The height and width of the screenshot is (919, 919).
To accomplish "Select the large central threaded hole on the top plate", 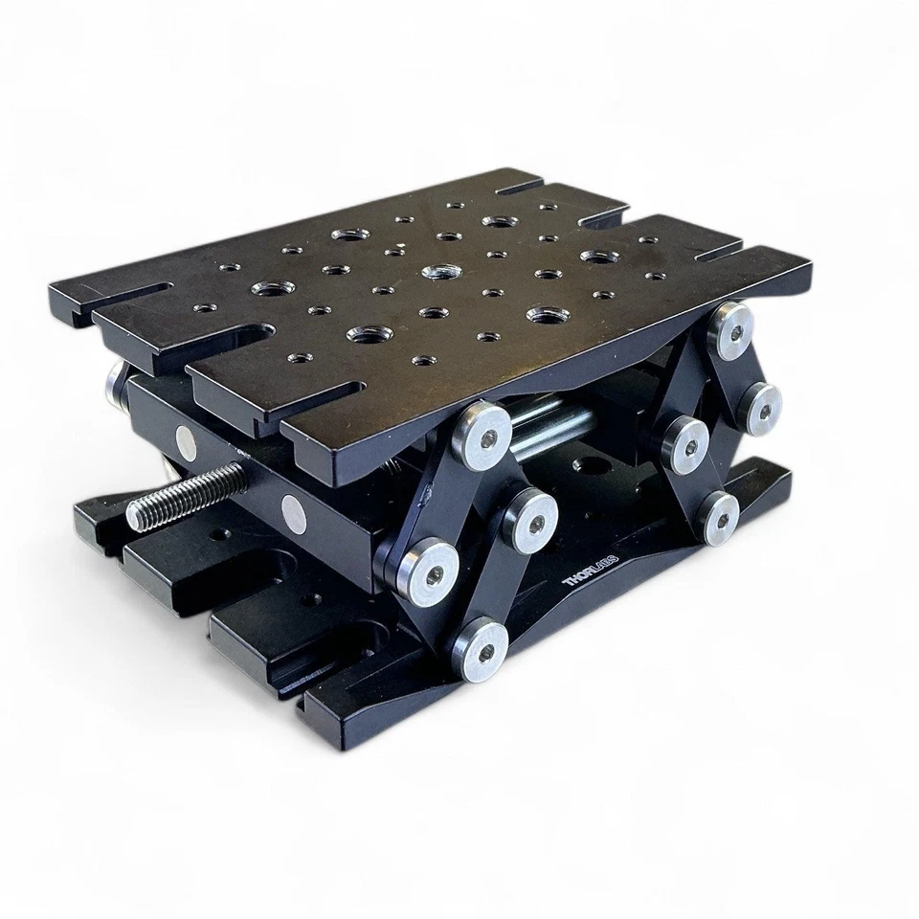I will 439,272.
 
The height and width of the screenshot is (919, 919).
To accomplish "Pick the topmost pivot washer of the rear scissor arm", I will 732,328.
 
